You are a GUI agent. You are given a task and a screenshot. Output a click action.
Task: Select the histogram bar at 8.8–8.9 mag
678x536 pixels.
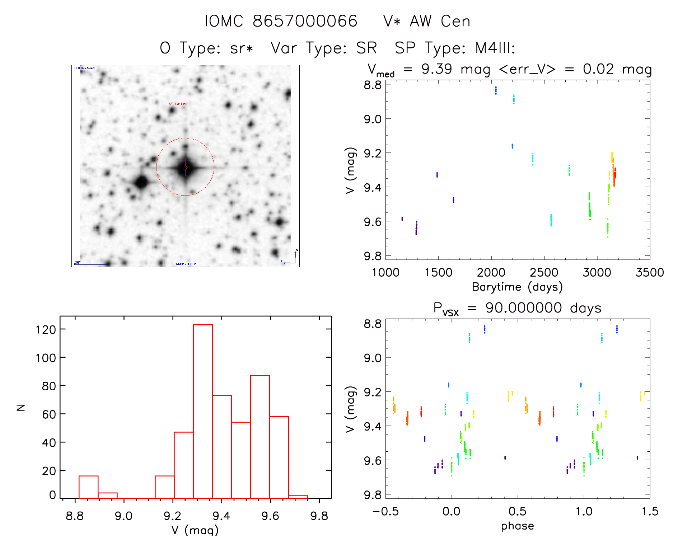[88, 487]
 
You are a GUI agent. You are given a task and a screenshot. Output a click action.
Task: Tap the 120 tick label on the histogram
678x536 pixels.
[46, 329]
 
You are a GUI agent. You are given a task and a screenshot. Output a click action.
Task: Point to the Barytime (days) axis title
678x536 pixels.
[517, 287]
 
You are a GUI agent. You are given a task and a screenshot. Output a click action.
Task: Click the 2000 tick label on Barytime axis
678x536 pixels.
[491, 273]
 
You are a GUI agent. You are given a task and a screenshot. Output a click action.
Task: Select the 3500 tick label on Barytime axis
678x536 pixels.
[650, 273]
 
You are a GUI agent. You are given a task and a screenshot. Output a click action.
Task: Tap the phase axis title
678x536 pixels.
[517, 526]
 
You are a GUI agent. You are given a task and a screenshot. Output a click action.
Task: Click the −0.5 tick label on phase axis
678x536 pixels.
[385, 511]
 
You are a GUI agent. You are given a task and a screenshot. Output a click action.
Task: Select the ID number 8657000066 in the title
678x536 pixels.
[305, 22]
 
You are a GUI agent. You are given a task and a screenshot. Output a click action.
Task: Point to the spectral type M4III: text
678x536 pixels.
[495, 48]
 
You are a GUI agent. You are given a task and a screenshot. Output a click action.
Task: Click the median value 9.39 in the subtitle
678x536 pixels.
[436, 69]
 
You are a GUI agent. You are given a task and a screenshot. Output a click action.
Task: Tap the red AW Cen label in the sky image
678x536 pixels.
[178, 104]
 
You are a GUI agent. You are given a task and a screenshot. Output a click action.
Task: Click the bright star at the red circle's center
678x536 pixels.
[186, 167]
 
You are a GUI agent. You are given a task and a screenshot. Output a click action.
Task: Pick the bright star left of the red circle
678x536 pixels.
[141, 182]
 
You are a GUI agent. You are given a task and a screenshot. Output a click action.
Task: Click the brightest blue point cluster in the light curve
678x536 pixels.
[496, 90]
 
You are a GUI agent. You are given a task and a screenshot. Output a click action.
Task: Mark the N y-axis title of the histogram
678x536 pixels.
[21, 407]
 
